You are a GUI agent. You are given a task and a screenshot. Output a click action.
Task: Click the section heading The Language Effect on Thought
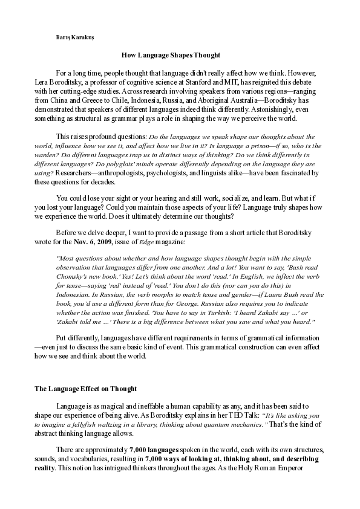[x=85, y=389]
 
